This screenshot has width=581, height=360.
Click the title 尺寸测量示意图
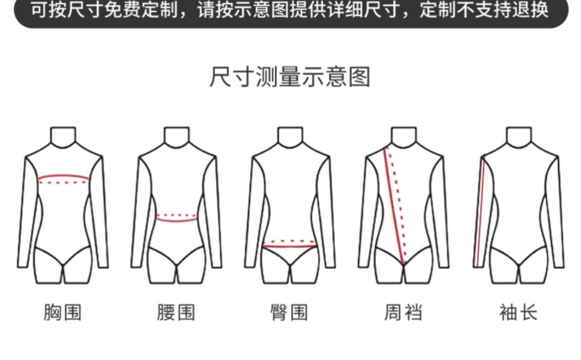click(x=290, y=77)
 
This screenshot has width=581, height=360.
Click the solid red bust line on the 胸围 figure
click(x=64, y=176)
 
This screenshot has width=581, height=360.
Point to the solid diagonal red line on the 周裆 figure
click(x=394, y=205)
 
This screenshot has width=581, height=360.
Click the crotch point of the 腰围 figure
click(x=177, y=266)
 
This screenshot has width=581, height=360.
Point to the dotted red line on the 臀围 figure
click(x=289, y=241)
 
